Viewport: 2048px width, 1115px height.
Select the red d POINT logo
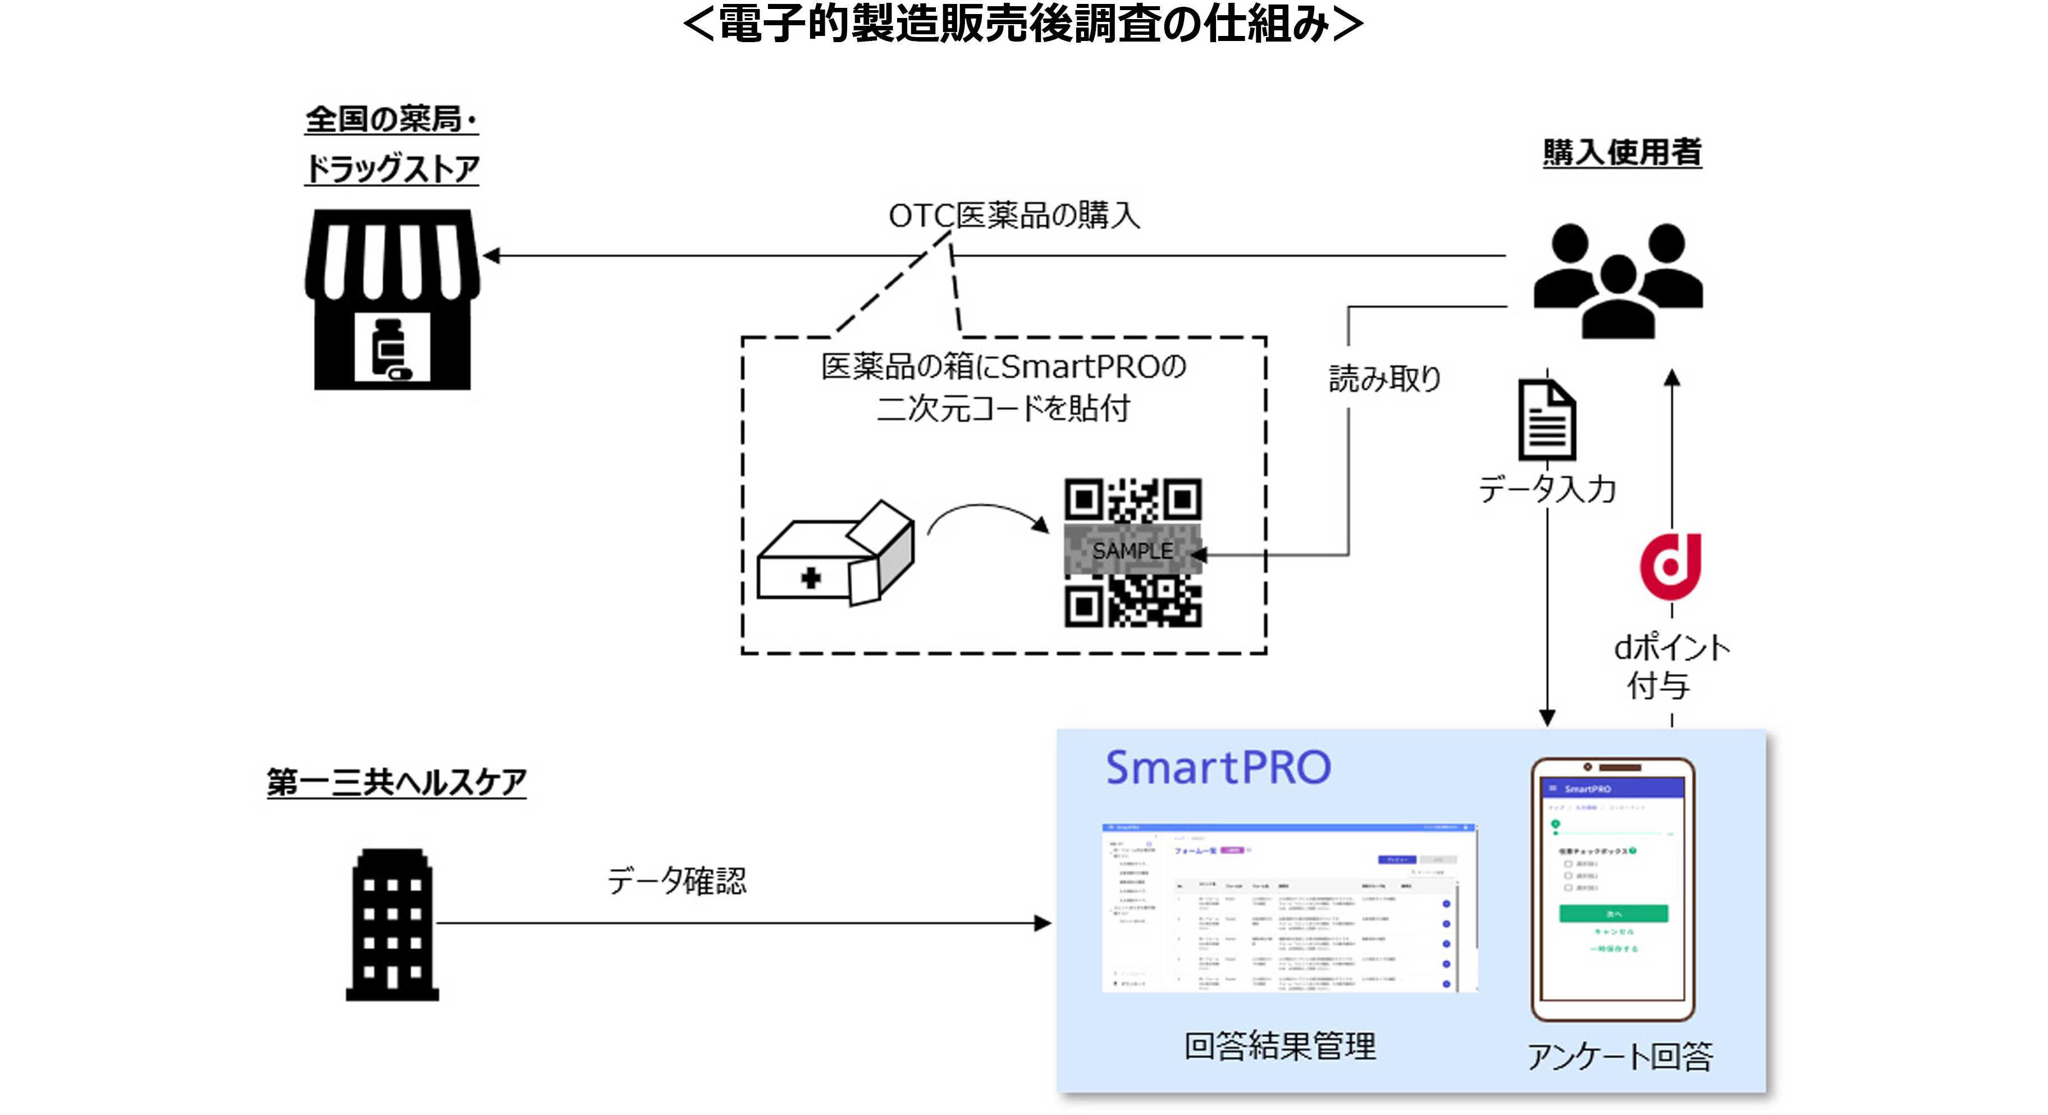coord(1670,566)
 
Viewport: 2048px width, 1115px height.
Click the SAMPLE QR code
coord(1133,552)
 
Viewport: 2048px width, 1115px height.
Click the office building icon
coord(392,925)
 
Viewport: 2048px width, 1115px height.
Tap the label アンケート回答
coord(1620,1056)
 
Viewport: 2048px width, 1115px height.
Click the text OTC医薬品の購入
coord(1014,216)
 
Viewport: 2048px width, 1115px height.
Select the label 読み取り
coord(1385,379)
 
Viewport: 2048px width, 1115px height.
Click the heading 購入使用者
coord(1622,152)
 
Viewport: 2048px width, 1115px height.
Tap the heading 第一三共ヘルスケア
coord(396,782)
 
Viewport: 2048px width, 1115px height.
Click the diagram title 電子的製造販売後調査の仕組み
coord(1023,24)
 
